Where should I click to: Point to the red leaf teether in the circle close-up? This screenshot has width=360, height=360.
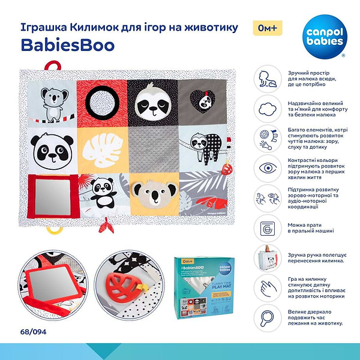[127, 283]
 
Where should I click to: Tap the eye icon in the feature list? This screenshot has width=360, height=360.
[265, 166]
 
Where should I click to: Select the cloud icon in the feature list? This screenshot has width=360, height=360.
[265, 108]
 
